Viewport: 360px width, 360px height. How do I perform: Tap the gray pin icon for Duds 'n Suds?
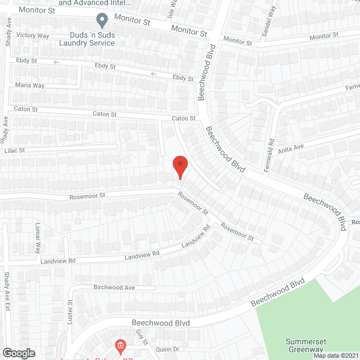pyautogui.click(x=102, y=21)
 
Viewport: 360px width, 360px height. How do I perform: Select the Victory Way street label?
pyautogui.click(x=33, y=35)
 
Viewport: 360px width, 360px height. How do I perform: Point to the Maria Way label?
pyautogui.click(x=30, y=85)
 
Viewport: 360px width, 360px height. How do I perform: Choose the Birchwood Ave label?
pyautogui.click(x=114, y=287)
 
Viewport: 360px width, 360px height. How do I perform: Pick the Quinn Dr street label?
pyautogui.click(x=168, y=349)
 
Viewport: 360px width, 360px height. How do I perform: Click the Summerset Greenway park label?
pyautogui.click(x=309, y=345)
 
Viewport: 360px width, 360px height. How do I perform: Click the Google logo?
pyautogui.click(x=19, y=353)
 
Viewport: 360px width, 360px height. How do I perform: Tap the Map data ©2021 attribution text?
pyautogui.click(x=335, y=355)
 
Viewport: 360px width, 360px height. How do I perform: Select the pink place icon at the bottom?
pyautogui.click(x=119, y=345)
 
